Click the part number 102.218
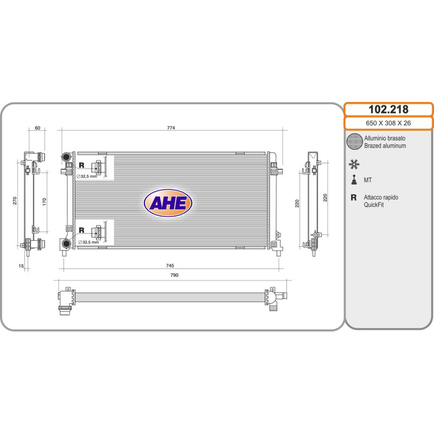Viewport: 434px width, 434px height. tap(388, 110)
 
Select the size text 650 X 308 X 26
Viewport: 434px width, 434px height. tap(388, 123)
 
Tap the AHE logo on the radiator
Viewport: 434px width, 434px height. tap(168, 203)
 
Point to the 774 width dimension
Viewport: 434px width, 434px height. tap(171, 128)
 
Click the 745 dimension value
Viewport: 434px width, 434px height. tap(170, 265)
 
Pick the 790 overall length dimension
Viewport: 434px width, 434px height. tap(174, 275)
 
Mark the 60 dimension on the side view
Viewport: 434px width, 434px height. tap(37, 128)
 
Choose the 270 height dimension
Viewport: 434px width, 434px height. tap(15, 201)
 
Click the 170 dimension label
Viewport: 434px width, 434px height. tap(44, 201)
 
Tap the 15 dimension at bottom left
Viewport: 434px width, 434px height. tap(21, 266)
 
